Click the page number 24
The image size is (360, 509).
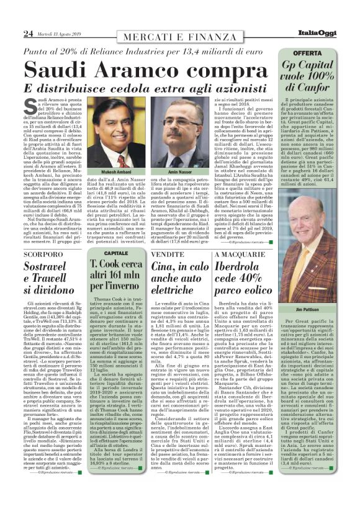[x=27, y=34]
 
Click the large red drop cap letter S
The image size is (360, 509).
[x=31, y=106]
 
